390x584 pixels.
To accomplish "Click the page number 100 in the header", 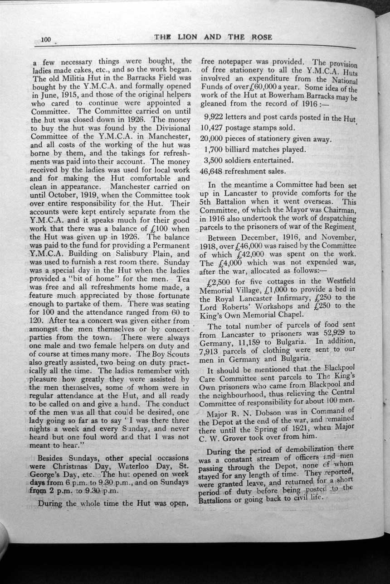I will [x=46, y=39].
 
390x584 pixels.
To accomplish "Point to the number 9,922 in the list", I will [x=214, y=117].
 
